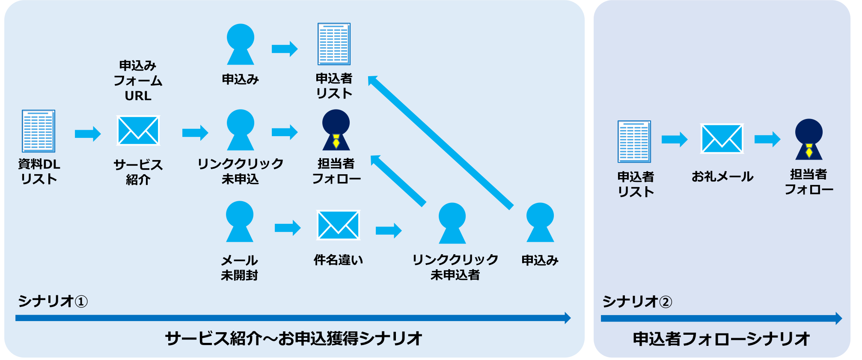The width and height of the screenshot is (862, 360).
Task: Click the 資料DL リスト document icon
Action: point(39,131)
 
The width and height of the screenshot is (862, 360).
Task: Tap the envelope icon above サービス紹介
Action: point(138,131)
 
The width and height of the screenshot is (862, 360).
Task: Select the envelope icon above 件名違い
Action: point(338,225)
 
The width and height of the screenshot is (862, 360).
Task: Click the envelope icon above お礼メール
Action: point(722,139)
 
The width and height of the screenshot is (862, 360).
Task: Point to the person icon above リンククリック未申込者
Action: point(452,223)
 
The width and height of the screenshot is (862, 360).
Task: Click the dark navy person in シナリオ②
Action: point(808,139)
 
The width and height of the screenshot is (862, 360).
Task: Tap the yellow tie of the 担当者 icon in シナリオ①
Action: point(336,141)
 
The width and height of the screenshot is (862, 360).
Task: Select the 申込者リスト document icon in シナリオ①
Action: point(334,44)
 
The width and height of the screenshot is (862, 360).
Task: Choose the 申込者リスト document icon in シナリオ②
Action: point(634,142)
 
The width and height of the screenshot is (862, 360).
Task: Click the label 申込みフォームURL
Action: point(138,80)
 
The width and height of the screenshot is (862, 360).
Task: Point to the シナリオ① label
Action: point(53,301)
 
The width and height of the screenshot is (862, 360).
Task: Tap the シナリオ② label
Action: point(637,302)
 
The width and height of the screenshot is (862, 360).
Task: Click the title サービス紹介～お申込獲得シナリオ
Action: point(294,339)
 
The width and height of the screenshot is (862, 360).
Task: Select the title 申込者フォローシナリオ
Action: point(721,339)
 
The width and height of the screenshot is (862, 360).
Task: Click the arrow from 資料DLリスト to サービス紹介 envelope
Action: point(88,134)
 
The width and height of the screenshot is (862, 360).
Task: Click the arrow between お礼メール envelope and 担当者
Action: point(767,139)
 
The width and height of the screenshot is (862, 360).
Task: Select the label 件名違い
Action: point(338,260)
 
